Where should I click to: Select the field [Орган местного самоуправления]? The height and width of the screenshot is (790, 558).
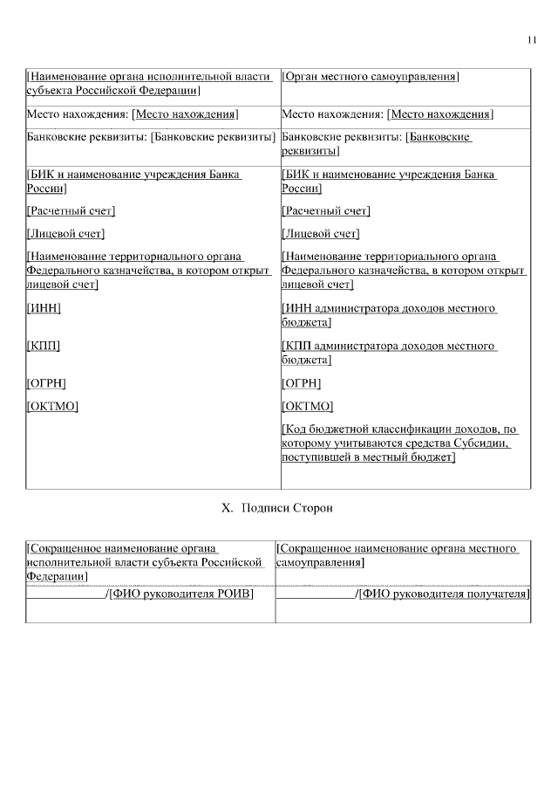click(x=371, y=78)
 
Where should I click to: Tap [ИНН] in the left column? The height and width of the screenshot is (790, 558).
click(x=44, y=309)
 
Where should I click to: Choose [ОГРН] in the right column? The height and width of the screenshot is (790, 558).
click(x=302, y=384)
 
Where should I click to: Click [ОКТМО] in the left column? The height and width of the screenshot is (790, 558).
click(x=53, y=406)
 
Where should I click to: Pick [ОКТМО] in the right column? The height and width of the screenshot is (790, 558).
click(x=308, y=406)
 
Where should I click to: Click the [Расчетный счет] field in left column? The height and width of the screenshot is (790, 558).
click(x=71, y=211)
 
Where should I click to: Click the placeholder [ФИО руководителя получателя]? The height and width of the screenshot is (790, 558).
click(x=445, y=594)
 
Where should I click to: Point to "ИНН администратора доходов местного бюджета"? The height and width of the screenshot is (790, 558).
click(x=389, y=316)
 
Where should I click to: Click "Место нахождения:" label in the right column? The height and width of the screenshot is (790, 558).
click(x=333, y=115)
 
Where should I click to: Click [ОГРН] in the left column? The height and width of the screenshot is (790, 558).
click(x=47, y=384)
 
